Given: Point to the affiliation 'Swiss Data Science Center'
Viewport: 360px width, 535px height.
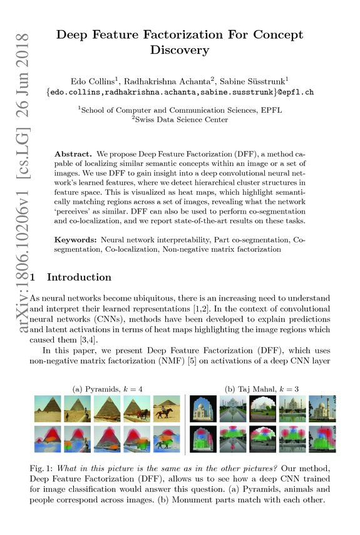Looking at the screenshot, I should [x=183, y=119].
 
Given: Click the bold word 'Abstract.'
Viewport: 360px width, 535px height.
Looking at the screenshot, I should [x=75, y=153].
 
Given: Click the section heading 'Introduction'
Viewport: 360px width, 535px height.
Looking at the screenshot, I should [x=80, y=277].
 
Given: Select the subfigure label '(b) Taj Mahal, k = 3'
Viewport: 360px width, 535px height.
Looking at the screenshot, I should [x=262, y=389].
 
